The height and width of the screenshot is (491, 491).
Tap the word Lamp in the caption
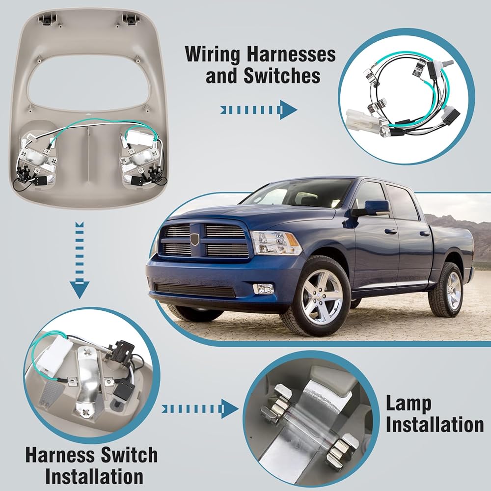tap(409, 404)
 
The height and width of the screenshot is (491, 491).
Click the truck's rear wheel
tap(447, 290)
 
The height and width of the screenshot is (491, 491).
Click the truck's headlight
tap(275, 243)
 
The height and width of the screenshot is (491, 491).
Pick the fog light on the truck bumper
tap(264, 288)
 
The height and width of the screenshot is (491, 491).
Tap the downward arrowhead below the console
tap(80, 290)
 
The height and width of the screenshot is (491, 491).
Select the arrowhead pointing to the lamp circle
tap(229, 409)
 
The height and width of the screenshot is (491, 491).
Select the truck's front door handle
tap(389, 232)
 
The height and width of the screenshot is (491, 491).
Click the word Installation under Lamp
tap(435, 425)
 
